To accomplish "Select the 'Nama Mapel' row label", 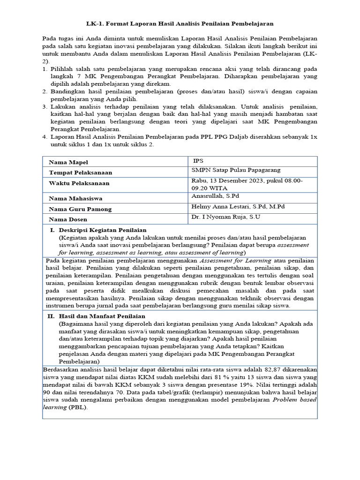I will pyautogui.click(x=68, y=162).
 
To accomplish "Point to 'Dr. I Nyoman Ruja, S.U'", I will pyautogui.click(x=225, y=217).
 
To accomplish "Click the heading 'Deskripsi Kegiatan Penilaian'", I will pyautogui.click(x=102, y=230).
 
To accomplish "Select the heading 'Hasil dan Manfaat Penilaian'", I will pyautogui.click(x=101, y=316).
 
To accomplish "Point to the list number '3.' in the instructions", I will pyautogui.click(x=45, y=107).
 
